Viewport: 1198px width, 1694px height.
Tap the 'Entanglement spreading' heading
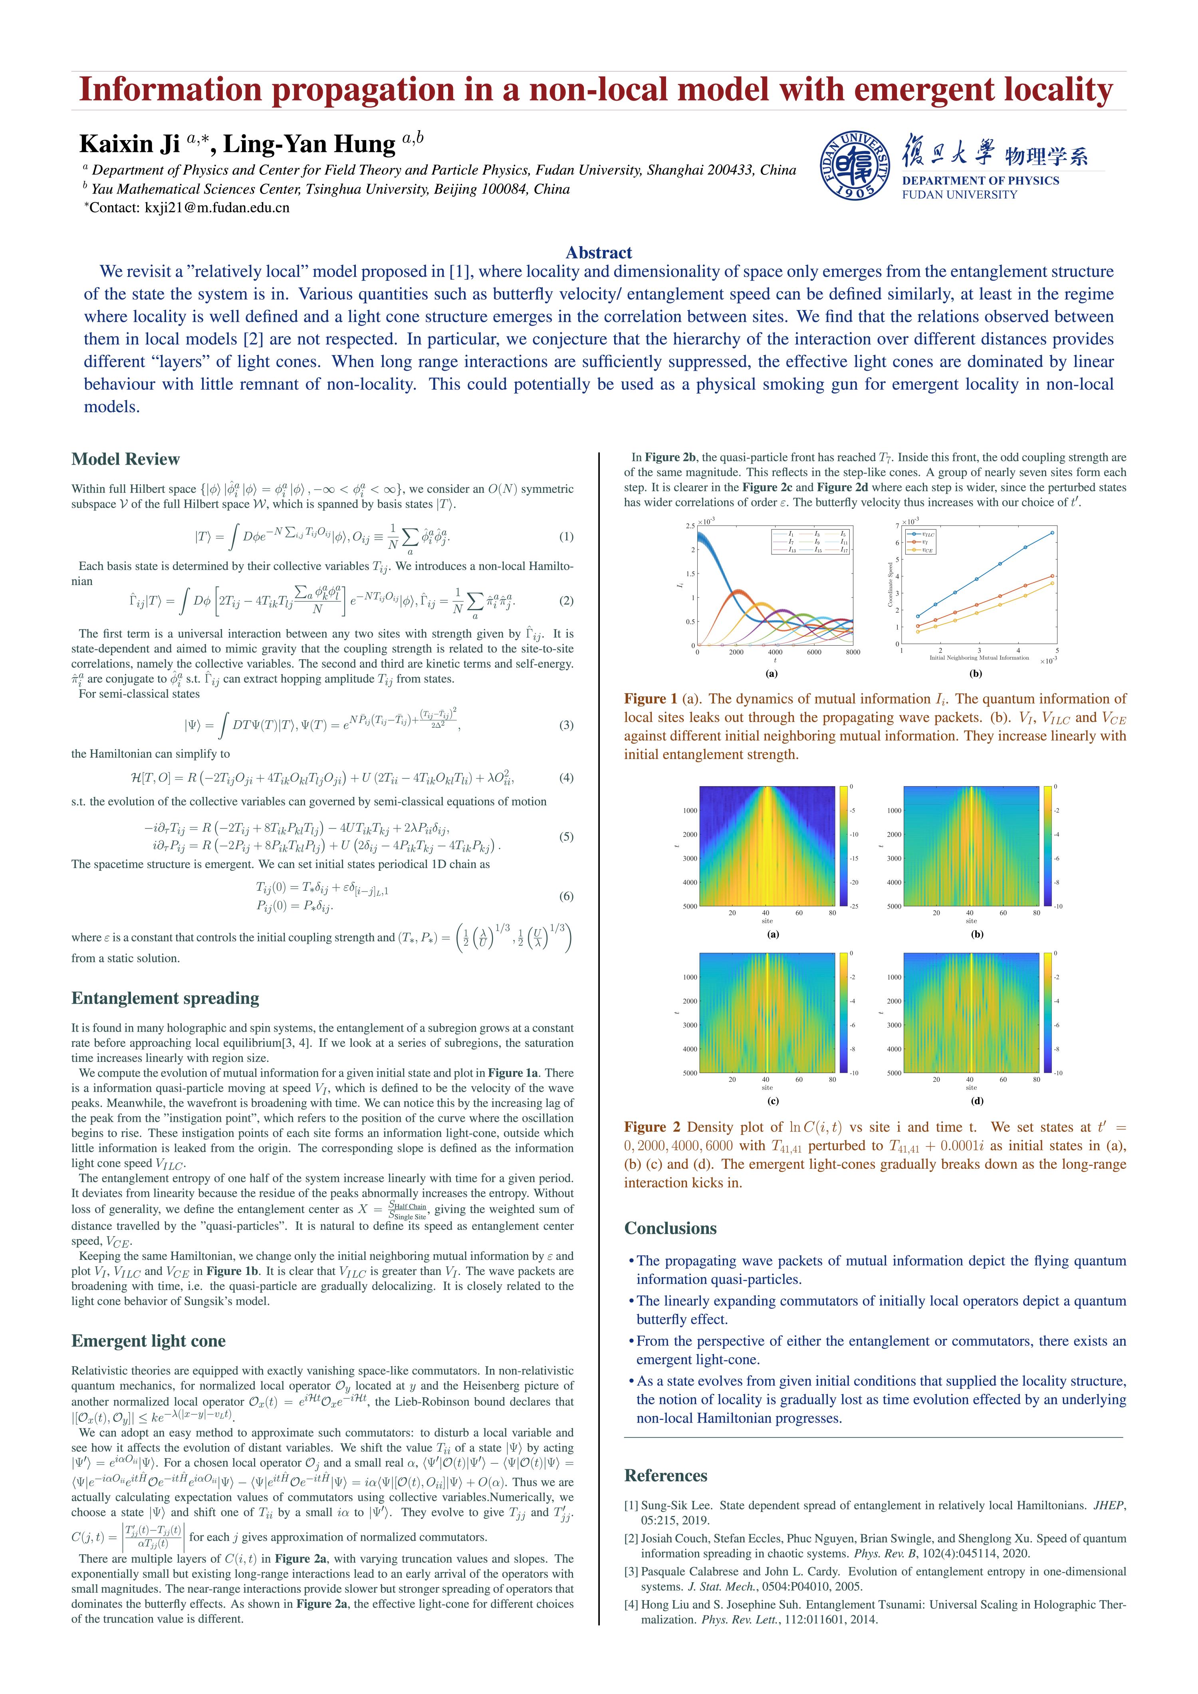click(165, 998)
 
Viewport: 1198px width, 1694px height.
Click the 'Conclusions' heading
click(670, 1228)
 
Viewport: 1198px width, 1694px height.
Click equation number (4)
click(566, 778)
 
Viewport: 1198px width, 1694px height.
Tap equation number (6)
click(566, 896)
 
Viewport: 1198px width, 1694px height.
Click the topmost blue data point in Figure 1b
click(1052, 533)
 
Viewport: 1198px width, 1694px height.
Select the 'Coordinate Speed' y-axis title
click(891, 583)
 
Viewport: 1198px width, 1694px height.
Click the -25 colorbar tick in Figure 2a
click(852, 906)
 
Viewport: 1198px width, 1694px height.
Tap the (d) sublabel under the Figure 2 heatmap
click(977, 1101)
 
